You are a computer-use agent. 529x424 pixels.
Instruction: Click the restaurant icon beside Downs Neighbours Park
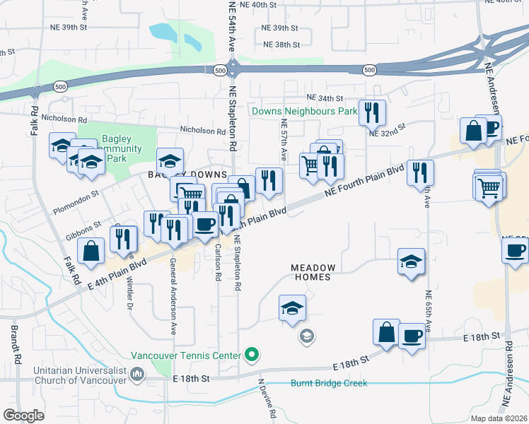(x=371, y=112)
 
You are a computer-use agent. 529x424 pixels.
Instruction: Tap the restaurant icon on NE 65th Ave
(x=421, y=172)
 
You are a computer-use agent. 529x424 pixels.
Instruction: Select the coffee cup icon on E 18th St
(x=412, y=335)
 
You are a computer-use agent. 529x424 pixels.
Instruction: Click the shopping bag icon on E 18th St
(x=386, y=331)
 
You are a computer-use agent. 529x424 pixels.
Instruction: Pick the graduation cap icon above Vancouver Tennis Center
(x=291, y=308)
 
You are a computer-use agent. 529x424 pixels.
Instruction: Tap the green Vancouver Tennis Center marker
(x=250, y=355)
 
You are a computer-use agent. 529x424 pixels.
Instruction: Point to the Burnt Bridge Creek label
(x=329, y=384)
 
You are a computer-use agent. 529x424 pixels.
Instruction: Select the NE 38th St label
(x=281, y=45)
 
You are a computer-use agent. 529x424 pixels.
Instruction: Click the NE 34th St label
(x=325, y=98)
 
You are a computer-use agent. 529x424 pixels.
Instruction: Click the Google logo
(x=23, y=415)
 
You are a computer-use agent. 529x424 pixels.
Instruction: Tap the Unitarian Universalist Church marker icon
(x=136, y=375)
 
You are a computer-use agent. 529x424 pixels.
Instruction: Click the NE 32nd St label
(x=386, y=130)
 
